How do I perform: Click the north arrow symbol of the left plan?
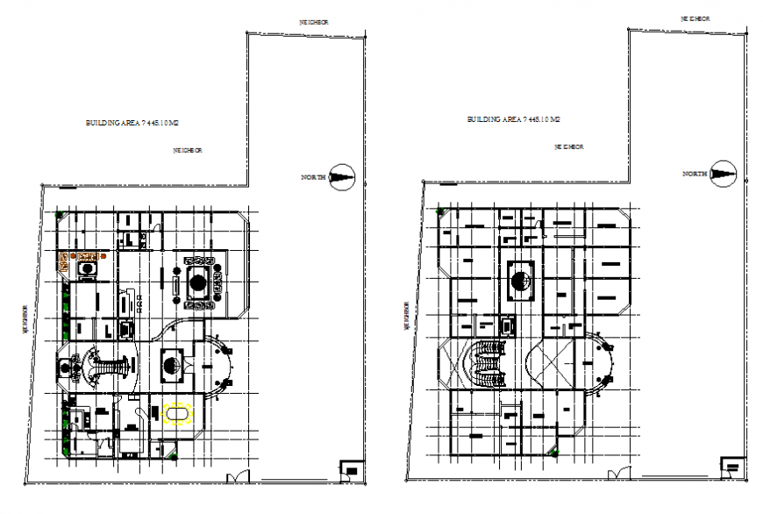click(x=341, y=176)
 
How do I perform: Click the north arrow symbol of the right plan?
click(x=724, y=174)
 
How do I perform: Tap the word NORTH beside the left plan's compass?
click(x=313, y=177)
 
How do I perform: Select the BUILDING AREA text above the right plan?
click(x=513, y=118)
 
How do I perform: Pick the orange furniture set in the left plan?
click(x=84, y=256)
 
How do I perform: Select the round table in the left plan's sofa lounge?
click(x=198, y=283)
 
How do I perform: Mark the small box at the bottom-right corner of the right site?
click(x=731, y=467)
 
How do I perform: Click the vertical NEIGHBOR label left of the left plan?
click(x=26, y=318)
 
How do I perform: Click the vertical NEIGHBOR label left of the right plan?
click(x=406, y=316)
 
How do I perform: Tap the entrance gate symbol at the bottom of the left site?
click(x=235, y=477)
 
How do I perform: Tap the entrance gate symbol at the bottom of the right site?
click(x=618, y=475)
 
